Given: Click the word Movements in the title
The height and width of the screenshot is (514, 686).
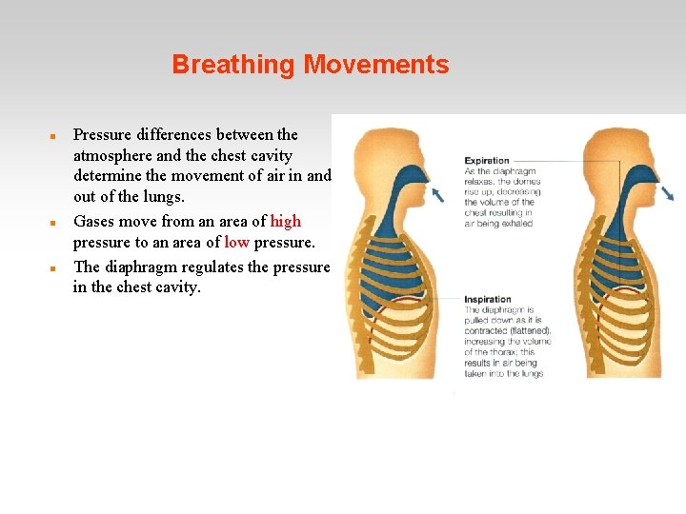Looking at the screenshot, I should pyautogui.click(x=376, y=66).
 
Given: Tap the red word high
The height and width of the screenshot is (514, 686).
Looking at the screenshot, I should pyautogui.click(x=286, y=222).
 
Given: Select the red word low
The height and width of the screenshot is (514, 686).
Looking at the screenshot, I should pyautogui.click(x=236, y=243).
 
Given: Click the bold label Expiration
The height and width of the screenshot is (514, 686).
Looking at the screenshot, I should pyautogui.click(x=487, y=161).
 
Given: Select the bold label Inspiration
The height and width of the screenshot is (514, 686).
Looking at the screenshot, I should pyautogui.click(x=488, y=300).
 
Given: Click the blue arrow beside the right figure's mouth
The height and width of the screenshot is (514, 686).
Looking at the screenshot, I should pyautogui.click(x=667, y=193).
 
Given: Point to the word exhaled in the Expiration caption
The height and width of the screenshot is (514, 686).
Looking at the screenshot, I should pyautogui.click(x=515, y=224).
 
